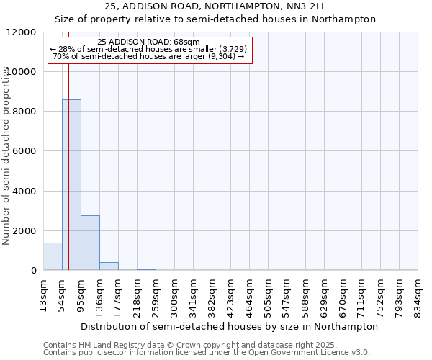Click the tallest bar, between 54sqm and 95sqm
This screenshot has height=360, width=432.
pyautogui.click(x=71, y=185)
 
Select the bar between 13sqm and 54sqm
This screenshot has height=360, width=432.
pyautogui.click(x=53, y=256)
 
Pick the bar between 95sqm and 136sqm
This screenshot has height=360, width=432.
pyautogui.click(x=90, y=243)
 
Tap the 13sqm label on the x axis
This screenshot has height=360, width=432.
pyautogui.click(x=43, y=295)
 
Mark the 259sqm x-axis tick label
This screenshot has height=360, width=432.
pyautogui.click(x=156, y=295)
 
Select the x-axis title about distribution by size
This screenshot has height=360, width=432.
pyautogui.click(x=230, y=326)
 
